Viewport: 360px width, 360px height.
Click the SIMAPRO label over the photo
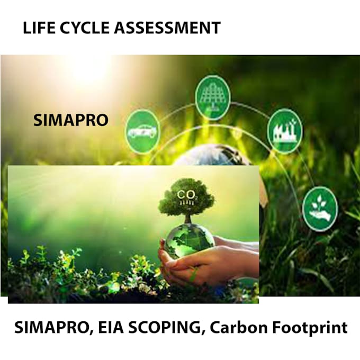(x=70, y=120)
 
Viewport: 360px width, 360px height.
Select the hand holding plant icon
(x=320, y=206)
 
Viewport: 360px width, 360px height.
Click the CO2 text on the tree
(x=189, y=195)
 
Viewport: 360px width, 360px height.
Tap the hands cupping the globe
(x=212, y=259)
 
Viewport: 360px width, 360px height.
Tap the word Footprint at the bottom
(x=308, y=327)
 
